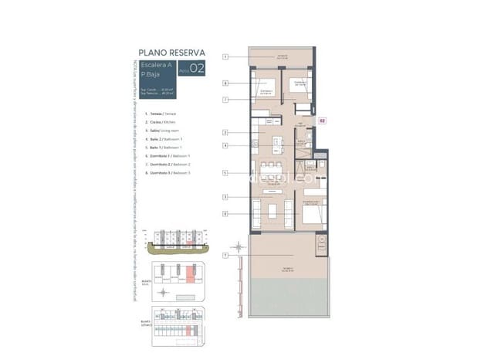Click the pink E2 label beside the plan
pyautogui.click(x=323, y=120)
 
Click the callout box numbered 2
pyautogui.click(x=225, y=133)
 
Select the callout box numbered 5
pyautogui.click(x=225, y=173)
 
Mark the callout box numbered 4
pyautogui.click(x=225, y=145)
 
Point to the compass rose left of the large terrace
pyautogui.click(x=239, y=247)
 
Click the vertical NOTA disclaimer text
pyautogui.click(x=137, y=178)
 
